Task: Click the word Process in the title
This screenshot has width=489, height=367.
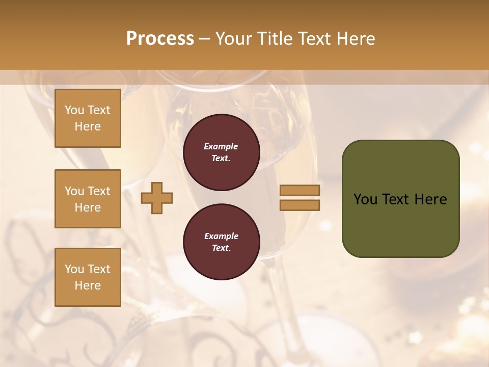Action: coord(160,38)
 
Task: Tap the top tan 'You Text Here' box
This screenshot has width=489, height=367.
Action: coord(88,118)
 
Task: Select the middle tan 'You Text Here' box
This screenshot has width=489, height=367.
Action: coord(88,199)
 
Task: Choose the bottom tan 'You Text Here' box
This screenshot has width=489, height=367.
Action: coord(88,277)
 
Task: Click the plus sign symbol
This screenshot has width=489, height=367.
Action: coord(157,198)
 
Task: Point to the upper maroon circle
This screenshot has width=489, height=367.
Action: coord(221,152)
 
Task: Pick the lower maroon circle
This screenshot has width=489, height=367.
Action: coord(221,242)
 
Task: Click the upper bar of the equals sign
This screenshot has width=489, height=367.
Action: coord(300,191)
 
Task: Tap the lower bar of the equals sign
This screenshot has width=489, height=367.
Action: coord(300,205)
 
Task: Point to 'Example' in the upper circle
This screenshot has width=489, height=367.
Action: coord(221,146)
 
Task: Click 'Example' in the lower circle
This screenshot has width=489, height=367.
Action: coord(221,236)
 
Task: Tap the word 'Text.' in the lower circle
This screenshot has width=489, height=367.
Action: coord(221,248)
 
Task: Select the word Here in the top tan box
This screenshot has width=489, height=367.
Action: coord(88,126)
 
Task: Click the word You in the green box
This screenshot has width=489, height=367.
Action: coord(365,199)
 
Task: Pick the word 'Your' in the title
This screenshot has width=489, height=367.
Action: coord(233,38)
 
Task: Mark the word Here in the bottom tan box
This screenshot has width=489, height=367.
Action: coord(88,285)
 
